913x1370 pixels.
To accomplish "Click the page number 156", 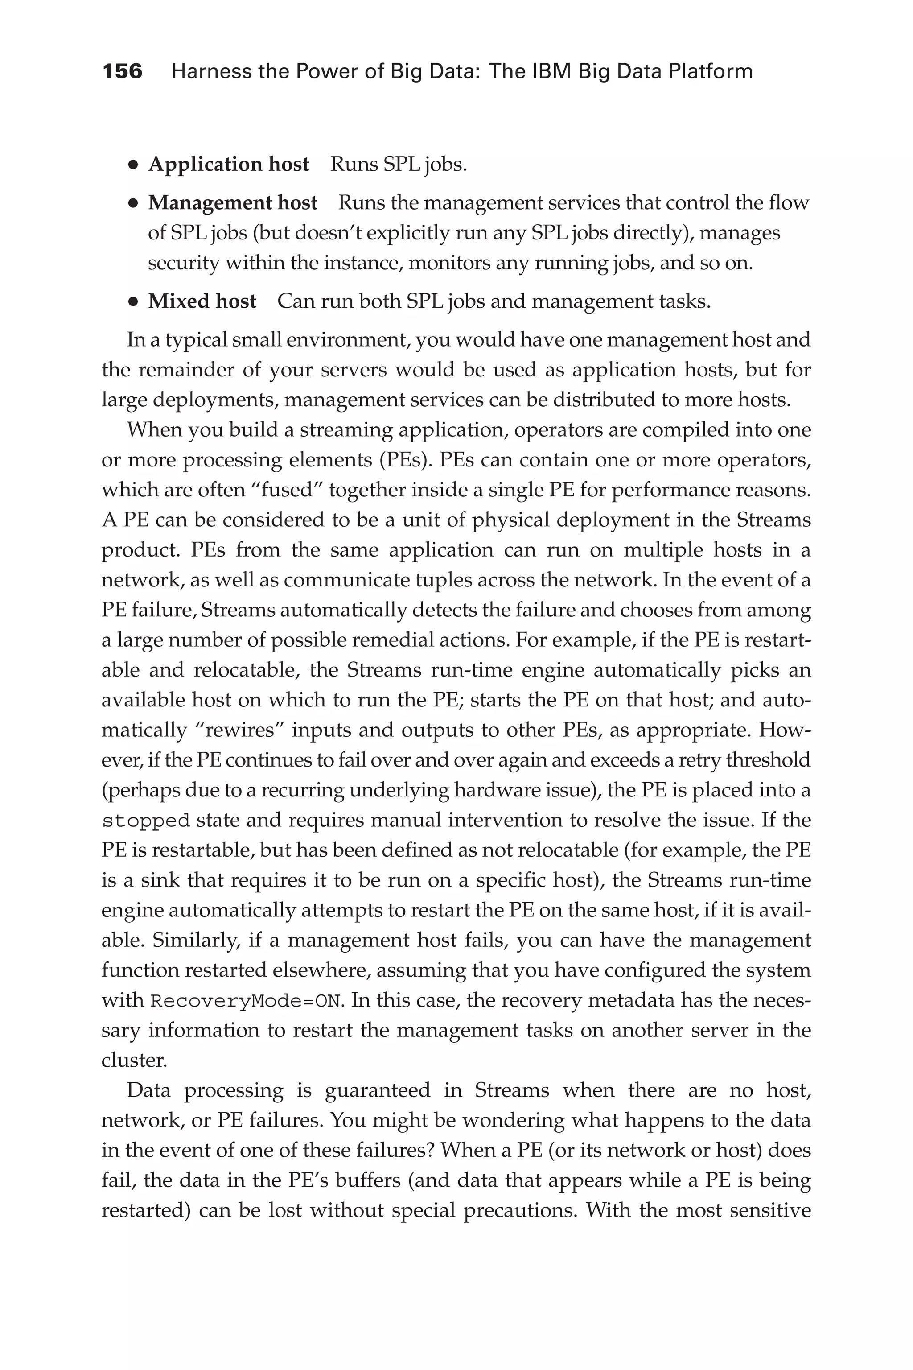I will click(x=122, y=72).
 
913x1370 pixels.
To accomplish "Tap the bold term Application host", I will click(x=228, y=165).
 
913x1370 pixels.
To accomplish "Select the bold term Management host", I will click(x=232, y=203).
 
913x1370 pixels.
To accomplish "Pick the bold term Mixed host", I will click(x=202, y=301).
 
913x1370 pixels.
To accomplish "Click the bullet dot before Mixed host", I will click(x=133, y=302).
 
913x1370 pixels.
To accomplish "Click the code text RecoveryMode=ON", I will click(x=245, y=1001).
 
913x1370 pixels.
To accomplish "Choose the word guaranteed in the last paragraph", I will click(x=377, y=1090).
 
